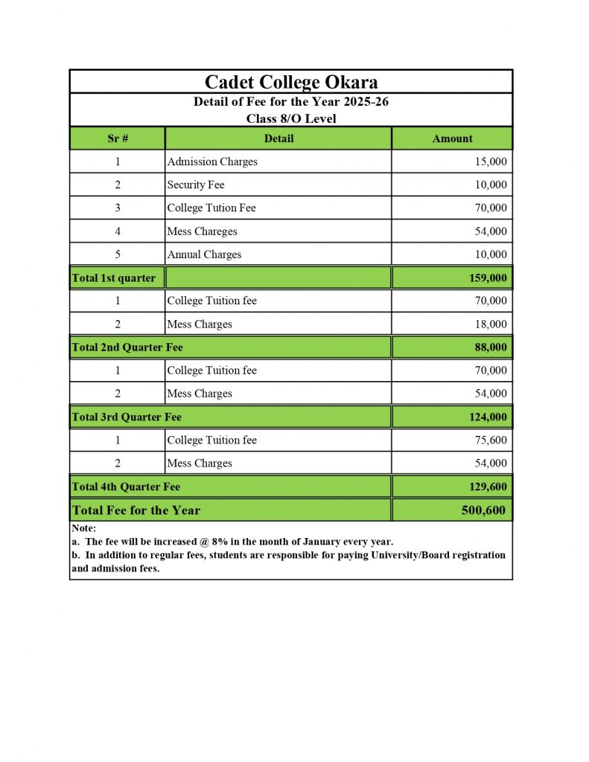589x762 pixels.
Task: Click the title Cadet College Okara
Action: click(291, 82)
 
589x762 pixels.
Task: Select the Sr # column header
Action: click(118, 138)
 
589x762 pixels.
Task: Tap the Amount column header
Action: click(452, 138)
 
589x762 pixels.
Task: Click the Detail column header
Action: click(278, 138)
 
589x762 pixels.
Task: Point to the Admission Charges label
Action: click(212, 161)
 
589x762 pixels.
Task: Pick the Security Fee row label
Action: click(195, 185)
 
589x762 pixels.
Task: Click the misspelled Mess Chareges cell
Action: click(202, 231)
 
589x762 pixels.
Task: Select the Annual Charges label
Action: click(204, 254)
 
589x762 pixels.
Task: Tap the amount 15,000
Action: click(490, 161)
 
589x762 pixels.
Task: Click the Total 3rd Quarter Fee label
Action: click(127, 417)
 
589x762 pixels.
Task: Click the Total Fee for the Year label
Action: click(136, 510)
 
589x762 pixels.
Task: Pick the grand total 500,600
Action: click(483, 510)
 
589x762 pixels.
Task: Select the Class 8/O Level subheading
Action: click(291, 118)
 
